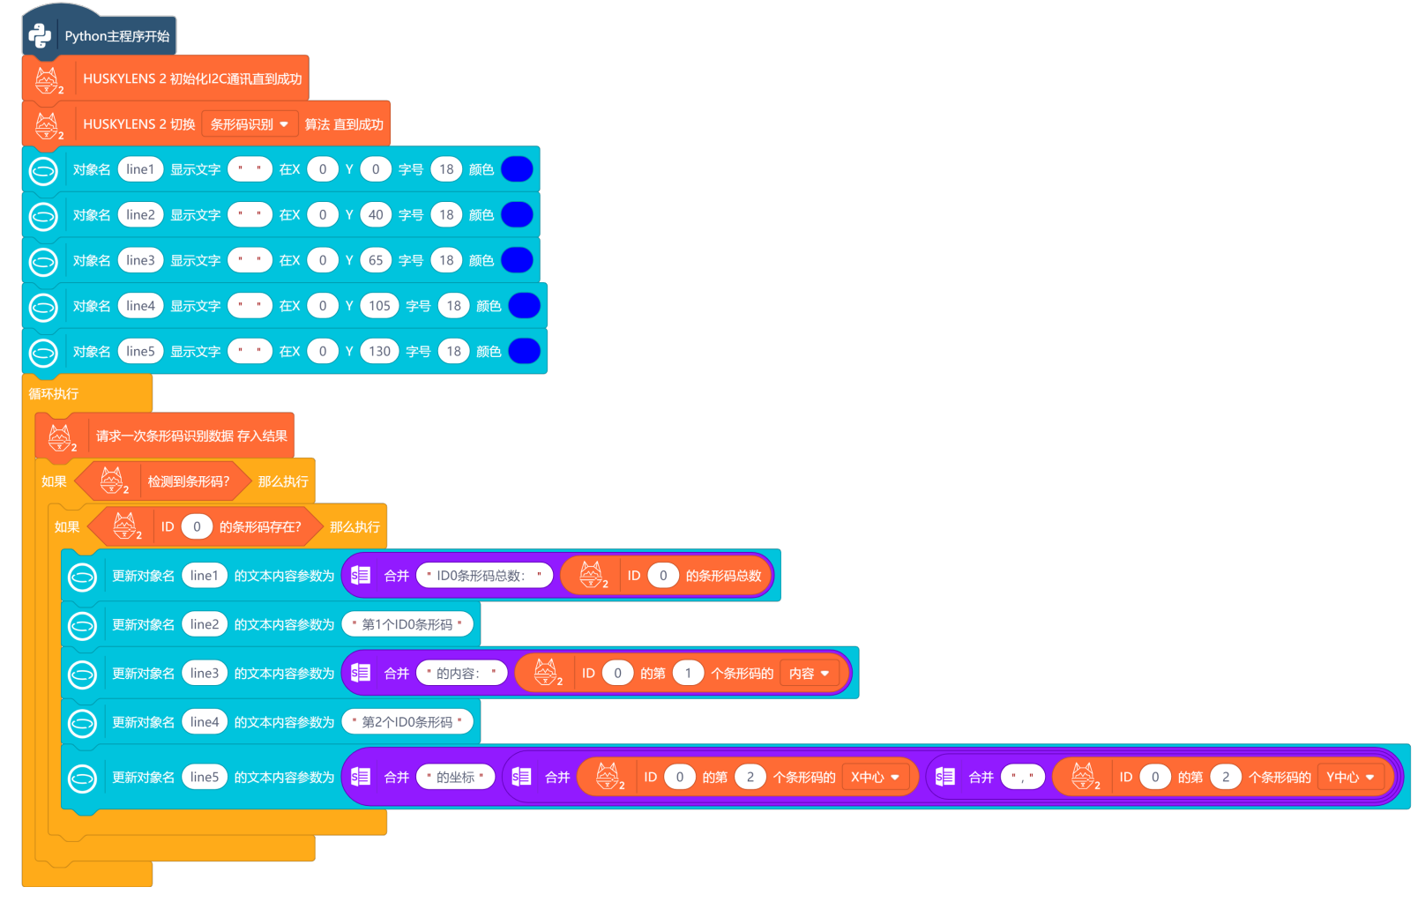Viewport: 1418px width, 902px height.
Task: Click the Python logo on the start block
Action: tap(41, 35)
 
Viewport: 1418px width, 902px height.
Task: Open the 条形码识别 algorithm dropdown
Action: tap(250, 124)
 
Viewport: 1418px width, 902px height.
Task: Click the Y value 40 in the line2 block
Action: tap(376, 214)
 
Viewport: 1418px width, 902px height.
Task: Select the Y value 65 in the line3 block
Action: tap(376, 260)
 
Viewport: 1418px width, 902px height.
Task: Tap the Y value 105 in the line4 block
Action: tap(379, 306)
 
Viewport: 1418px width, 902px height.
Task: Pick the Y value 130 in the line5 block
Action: tap(379, 351)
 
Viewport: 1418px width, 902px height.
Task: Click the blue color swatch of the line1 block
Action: tap(517, 169)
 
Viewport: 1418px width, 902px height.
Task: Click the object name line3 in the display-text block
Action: tap(140, 260)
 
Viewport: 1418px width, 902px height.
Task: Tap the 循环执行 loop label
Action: tap(54, 393)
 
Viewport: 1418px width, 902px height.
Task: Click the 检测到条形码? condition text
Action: tap(188, 481)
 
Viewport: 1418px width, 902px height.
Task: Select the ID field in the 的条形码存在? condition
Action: tap(197, 526)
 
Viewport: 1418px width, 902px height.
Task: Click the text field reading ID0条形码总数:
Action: tap(484, 576)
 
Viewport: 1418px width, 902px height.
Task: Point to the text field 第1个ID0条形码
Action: tap(407, 624)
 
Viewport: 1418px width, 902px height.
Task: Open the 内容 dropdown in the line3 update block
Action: tap(809, 674)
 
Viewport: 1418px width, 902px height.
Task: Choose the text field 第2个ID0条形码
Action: tap(407, 722)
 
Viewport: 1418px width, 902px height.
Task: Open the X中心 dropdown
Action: tap(875, 777)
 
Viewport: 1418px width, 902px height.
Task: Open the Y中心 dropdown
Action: tap(1350, 777)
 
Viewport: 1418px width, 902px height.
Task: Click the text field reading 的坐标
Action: tap(455, 777)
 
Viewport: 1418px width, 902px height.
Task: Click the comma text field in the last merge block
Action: tap(1023, 777)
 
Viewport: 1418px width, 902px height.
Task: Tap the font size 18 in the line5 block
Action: tap(453, 351)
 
